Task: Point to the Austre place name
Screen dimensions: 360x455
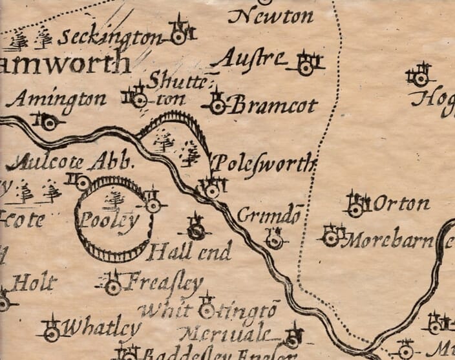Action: click(x=249, y=59)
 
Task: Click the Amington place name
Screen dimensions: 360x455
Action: click(x=59, y=99)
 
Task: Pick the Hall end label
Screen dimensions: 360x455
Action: click(x=188, y=251)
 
